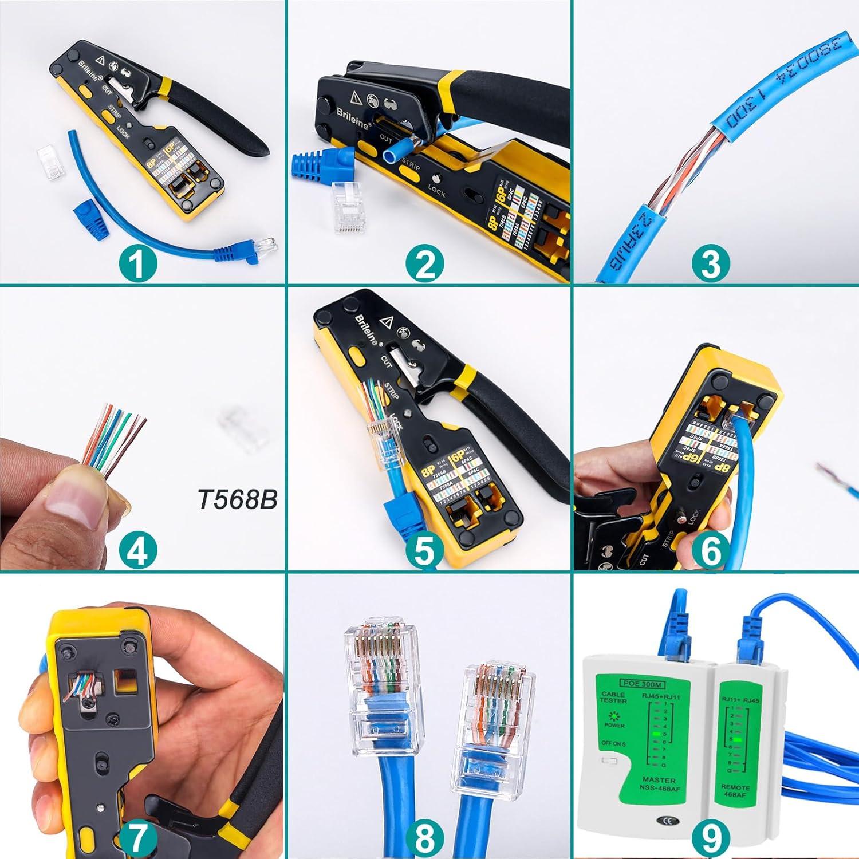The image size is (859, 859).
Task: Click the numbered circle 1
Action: [138, 264]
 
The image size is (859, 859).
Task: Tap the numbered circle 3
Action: [711, 264]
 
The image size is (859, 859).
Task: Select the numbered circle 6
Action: [711, 550]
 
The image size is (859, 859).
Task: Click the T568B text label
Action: [238, 499]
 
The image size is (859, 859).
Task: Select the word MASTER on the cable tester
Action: [659, 780]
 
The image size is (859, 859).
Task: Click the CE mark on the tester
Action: [668, 821]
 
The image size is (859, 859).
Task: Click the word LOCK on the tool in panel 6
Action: [696, 516]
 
